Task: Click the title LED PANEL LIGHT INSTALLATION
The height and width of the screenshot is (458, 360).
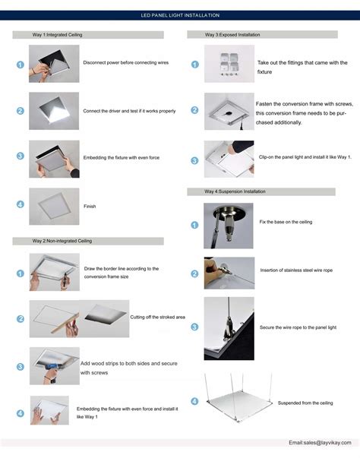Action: [x=180, y=14]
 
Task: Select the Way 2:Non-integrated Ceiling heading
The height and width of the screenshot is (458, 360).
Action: [x=62, y=241]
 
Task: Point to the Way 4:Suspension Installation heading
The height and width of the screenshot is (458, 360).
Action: [x=235, y=192]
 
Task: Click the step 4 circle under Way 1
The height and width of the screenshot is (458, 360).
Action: [x=20, y=205]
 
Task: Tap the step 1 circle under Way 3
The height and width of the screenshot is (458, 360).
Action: [x=194, y=65]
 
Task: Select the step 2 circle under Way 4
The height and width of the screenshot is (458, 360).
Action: [x=194, y=273]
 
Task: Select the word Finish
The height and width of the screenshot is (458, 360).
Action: [x=90, y=206]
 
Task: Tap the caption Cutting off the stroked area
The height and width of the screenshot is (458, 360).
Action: [x=158, y=316]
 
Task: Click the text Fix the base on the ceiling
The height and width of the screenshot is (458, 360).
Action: [x=286, y=222]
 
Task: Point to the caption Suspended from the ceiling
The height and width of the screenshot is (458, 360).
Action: [x=305, y=403]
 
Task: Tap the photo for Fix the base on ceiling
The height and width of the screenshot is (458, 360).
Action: [x=228, y=225]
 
